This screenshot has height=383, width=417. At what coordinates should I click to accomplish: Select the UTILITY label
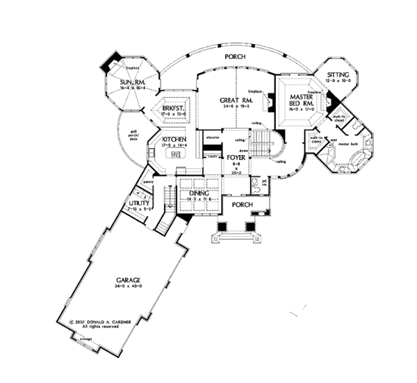139,204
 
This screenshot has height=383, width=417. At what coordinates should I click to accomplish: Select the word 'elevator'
213,138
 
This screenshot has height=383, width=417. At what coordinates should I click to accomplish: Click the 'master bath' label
348,145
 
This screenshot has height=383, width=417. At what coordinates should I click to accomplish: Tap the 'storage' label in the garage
85,339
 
